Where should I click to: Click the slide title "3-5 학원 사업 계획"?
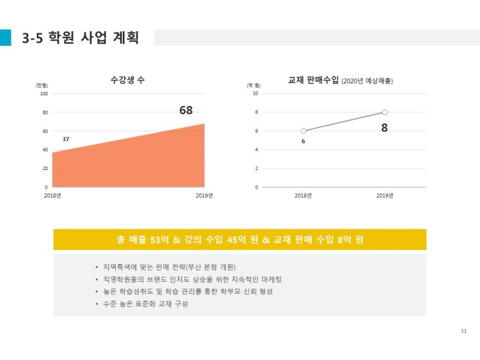80,37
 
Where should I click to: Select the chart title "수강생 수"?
128,80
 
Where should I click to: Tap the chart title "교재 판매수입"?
313,80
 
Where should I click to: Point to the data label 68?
186,110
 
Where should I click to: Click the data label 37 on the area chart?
66,139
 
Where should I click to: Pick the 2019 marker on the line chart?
385,112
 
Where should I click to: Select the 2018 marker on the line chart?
304,131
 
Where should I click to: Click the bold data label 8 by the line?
385,128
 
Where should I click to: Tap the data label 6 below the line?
304,143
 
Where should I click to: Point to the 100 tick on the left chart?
44,93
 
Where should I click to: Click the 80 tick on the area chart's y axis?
44,112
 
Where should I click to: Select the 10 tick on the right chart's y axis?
255,93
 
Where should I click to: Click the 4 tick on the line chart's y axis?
256,150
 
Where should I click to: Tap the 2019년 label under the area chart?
204,196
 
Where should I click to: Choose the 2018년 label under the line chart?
304,196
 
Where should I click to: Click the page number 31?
463,331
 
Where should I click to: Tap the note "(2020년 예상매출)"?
367,82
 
